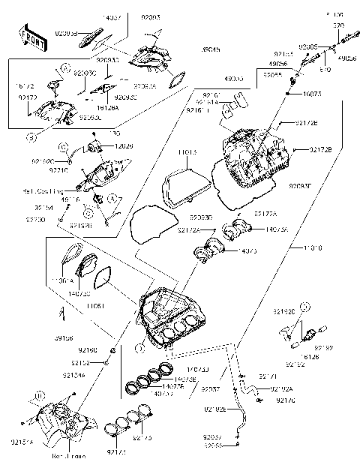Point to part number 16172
(25, 88)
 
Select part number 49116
(70, 200)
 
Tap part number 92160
(88, 350)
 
